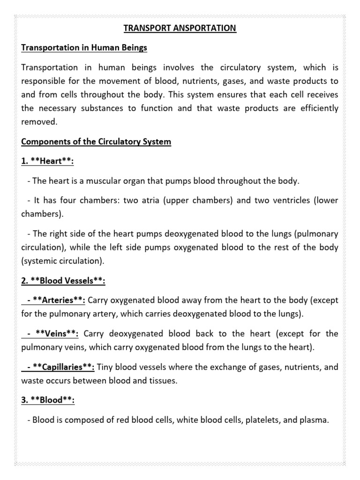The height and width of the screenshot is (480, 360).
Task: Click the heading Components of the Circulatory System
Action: point(96,142)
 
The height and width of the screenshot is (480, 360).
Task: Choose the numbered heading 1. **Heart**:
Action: point(48,161)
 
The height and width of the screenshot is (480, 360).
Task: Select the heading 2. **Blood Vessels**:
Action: point(63,281)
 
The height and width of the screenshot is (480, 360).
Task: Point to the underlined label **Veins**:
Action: point(53,334)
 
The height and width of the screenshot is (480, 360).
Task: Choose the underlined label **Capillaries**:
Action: point(62,367)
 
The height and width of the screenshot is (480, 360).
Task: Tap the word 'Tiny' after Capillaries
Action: point(106,367)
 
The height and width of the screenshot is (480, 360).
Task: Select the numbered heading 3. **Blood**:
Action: point(48,400)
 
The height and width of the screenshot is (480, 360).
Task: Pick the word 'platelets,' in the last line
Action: point(261,420)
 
